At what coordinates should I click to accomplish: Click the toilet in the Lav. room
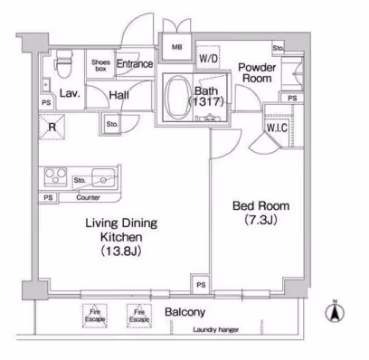[63, 63]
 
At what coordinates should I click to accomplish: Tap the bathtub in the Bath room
[177, 97]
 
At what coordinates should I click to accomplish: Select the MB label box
[176, 47]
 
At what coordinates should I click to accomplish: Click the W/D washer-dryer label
[208, 58]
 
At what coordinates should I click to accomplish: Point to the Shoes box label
[100, 65]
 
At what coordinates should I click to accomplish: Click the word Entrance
[135, 64]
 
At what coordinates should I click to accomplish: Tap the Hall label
[118, 95]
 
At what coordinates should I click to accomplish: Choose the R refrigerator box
[52, 127]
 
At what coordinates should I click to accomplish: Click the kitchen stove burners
[55, 175]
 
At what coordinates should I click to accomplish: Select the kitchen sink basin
[103, 177]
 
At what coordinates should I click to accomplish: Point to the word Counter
[88, 198]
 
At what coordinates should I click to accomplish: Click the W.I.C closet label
[277, 128]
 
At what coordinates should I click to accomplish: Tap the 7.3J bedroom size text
[260, 220]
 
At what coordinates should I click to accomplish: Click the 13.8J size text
[121, 251]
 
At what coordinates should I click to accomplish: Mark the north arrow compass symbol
[335, 311]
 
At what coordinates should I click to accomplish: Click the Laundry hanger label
[216, 329]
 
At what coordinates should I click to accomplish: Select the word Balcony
[185, 312]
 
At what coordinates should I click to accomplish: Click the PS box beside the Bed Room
[201, 284]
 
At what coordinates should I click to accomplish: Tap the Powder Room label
[257, 72]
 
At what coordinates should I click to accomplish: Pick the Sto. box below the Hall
[112, 124]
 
